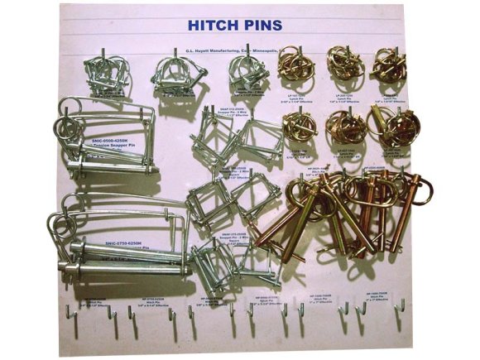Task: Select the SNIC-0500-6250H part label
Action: (111, 141)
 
